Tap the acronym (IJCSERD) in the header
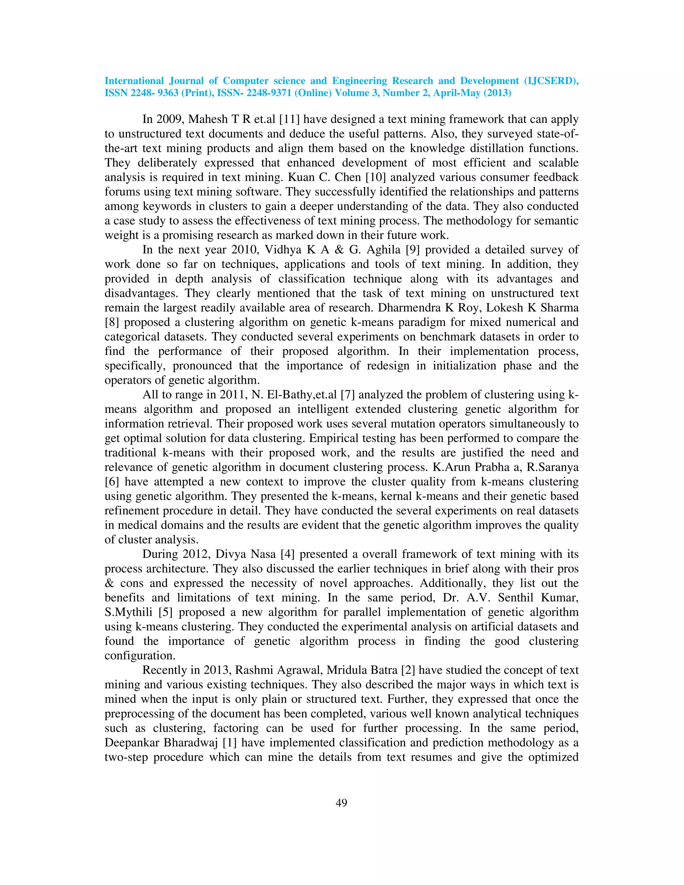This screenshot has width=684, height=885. tap(551, 81)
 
